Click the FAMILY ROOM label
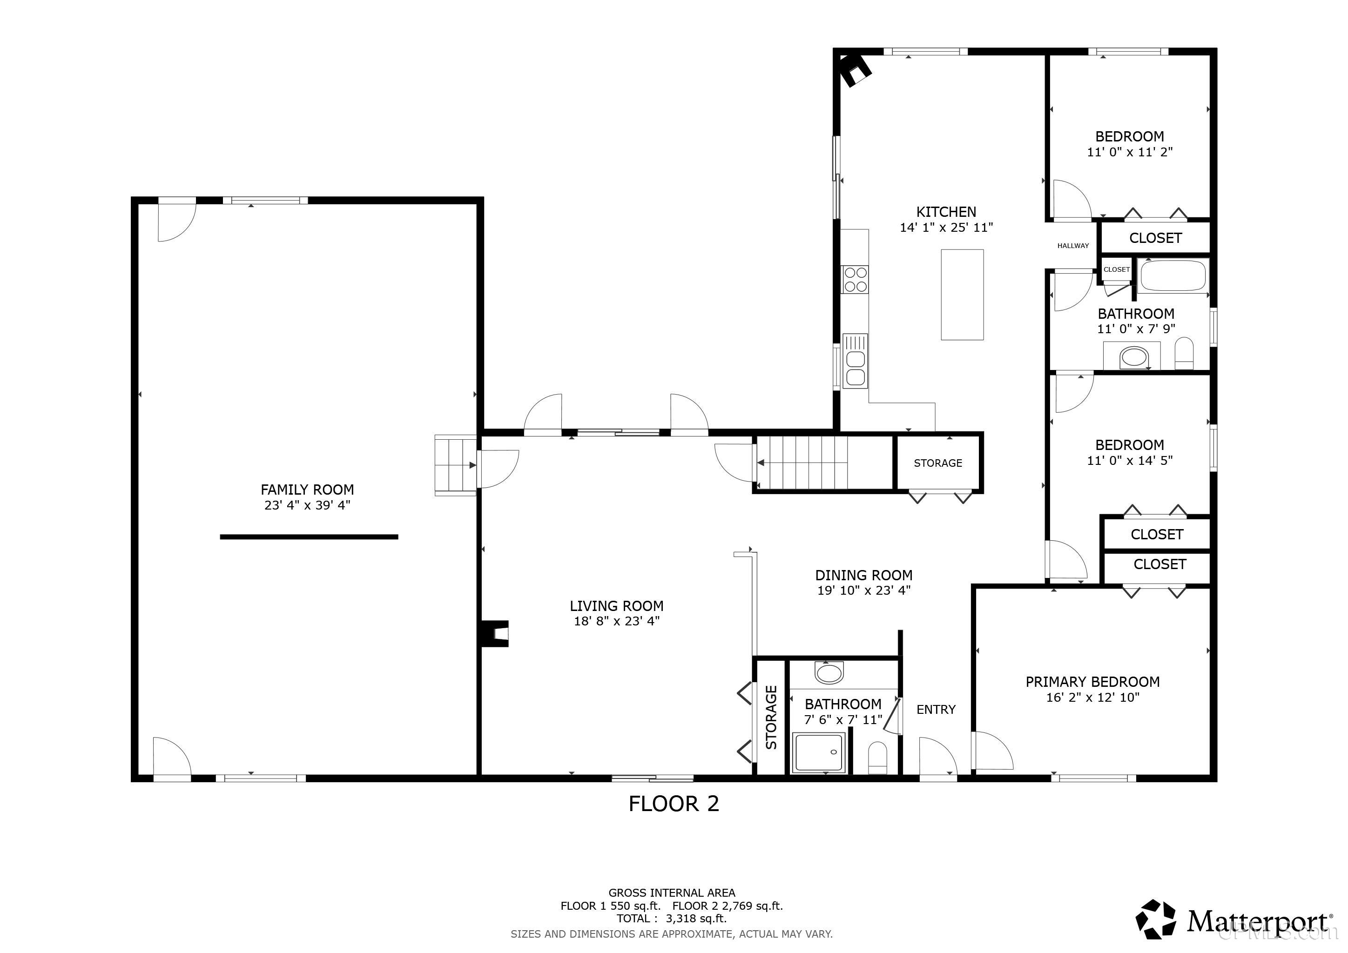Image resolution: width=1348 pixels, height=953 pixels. tap(307, 490)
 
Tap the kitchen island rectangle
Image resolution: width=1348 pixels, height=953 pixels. tap(962, 295)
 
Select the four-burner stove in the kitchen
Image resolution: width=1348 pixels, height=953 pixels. tap(855, 279)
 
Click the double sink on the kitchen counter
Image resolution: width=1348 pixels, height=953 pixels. tap(855, 361)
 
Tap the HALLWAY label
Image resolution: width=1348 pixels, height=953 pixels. tap(1072, 246)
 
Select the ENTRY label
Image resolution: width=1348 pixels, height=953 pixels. tap(936, 710)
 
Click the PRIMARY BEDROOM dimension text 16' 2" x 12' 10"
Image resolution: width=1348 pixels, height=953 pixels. tap(1092, 697)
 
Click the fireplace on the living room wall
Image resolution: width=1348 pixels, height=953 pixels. tap(495, 634)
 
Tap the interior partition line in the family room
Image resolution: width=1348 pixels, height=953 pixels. tap(309, 537)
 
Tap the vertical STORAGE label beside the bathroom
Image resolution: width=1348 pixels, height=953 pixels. tap(771, 717)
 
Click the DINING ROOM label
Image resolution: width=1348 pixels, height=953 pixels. tap(863, 575)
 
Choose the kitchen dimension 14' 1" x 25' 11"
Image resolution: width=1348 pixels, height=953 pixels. tap(946, 227)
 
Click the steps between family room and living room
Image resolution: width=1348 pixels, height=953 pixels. tap(456, 465)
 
